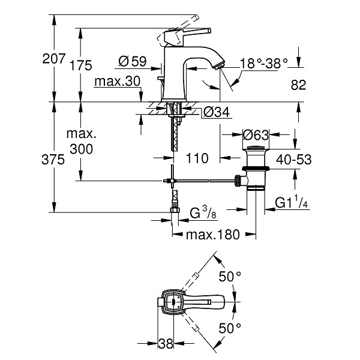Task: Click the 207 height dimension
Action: [x=54, y=59]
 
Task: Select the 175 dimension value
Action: [x=80, y=65]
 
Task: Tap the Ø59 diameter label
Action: [x=133, y=61]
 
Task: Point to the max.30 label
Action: [x=118, y=82]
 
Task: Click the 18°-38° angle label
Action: [x=264, y=63]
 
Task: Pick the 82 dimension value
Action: [x=298, y=85]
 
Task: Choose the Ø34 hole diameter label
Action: [x=217, y=113]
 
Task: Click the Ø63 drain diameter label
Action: [x=256, y=135]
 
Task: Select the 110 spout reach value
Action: [x=197, y=158]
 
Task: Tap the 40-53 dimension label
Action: [x=293, y=160]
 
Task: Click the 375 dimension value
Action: [x=53, y=160]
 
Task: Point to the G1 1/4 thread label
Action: [x=292, y=202]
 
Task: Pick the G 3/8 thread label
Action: [x=203, y=214]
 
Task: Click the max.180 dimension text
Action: [x=213, y=235]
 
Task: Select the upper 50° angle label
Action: [x=230, y=277]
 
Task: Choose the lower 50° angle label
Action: [x=230, y=328]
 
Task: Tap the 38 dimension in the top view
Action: [x=166, y=344]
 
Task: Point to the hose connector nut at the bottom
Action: [x=175, y=211]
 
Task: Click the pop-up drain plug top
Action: [x=256, y=148]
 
